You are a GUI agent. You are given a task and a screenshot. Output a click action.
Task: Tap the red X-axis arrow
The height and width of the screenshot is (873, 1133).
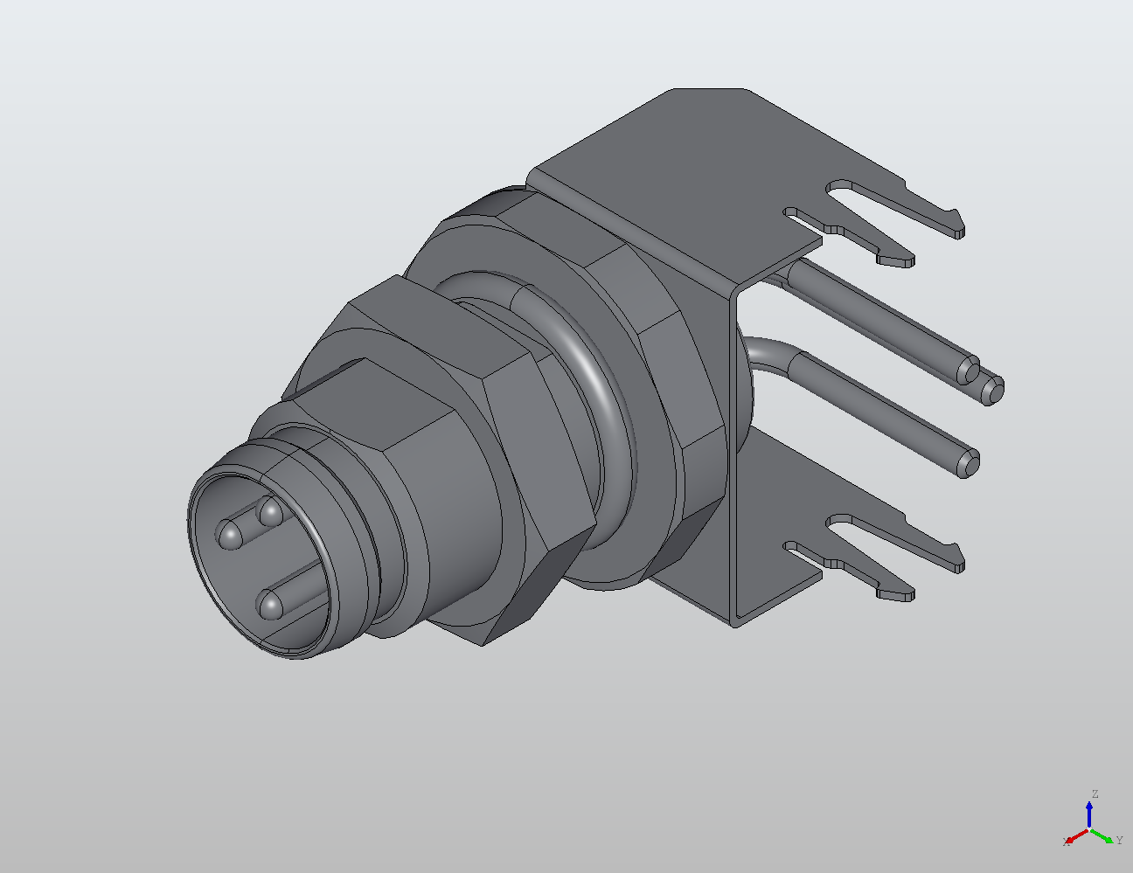tap(1076, 837)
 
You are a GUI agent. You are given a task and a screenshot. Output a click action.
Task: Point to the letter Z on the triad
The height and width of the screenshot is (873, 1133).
tap(1094, 794)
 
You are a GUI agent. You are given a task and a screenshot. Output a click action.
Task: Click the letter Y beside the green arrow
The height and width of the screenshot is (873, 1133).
tap(1119, 841)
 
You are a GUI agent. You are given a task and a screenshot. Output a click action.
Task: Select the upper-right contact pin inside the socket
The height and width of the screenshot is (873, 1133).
tap(270, 511)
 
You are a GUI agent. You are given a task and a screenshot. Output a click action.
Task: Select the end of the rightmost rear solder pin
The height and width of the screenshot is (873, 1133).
tap(993, 390)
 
